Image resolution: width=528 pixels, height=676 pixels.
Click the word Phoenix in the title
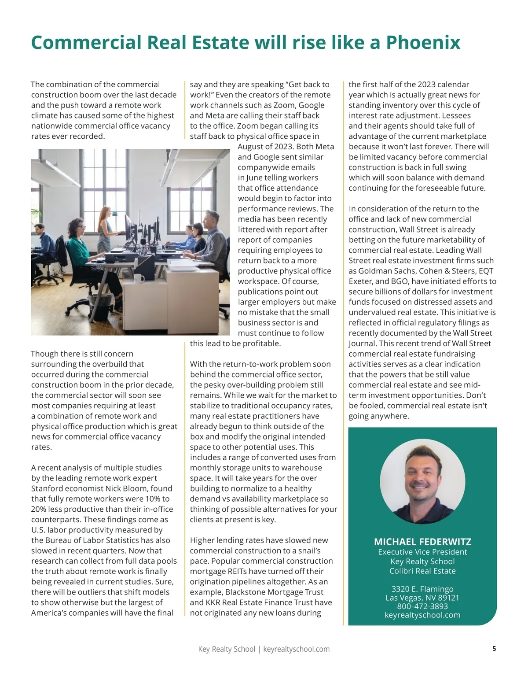pyautogui.click(x=423, y=43)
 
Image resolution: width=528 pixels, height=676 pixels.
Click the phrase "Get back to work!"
pyautogui.click(x=260, y=89)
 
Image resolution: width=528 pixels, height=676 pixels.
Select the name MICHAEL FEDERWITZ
pyautogui.click(x=422, y=542)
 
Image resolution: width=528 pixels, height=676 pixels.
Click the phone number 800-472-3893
pyautogui.click(x=422, y=606)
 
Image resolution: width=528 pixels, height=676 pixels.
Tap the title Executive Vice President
pyautogui.click(x=422, y=552)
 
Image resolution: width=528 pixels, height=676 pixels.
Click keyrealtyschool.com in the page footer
pyautogui.click(x=296, y=649)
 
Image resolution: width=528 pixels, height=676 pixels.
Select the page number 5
pyautogui.click(x=494, y=649)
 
